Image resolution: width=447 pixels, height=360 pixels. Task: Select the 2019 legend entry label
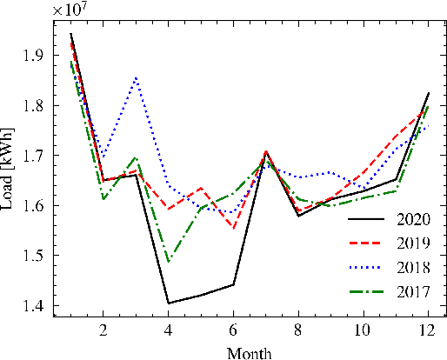410,243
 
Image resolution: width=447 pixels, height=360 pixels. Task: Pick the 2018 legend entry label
410,267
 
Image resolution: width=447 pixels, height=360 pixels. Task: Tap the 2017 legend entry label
410,291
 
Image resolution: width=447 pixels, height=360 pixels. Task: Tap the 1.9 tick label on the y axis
37,56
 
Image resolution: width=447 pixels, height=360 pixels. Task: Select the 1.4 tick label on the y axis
37,306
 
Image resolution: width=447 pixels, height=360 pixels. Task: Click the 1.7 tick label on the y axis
37,157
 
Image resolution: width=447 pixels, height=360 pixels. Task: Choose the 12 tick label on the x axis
427,330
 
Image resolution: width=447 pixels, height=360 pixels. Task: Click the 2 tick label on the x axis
103,330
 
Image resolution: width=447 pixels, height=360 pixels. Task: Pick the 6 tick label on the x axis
233,330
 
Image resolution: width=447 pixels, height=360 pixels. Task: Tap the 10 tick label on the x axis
363,330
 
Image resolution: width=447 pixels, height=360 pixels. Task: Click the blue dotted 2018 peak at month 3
136,77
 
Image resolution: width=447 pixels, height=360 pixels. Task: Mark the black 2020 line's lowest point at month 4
168,303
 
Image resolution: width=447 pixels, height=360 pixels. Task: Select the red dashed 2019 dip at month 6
233,229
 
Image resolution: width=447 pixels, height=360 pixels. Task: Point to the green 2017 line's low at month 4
168,262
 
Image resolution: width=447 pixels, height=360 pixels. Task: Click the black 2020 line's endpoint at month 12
427,93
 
